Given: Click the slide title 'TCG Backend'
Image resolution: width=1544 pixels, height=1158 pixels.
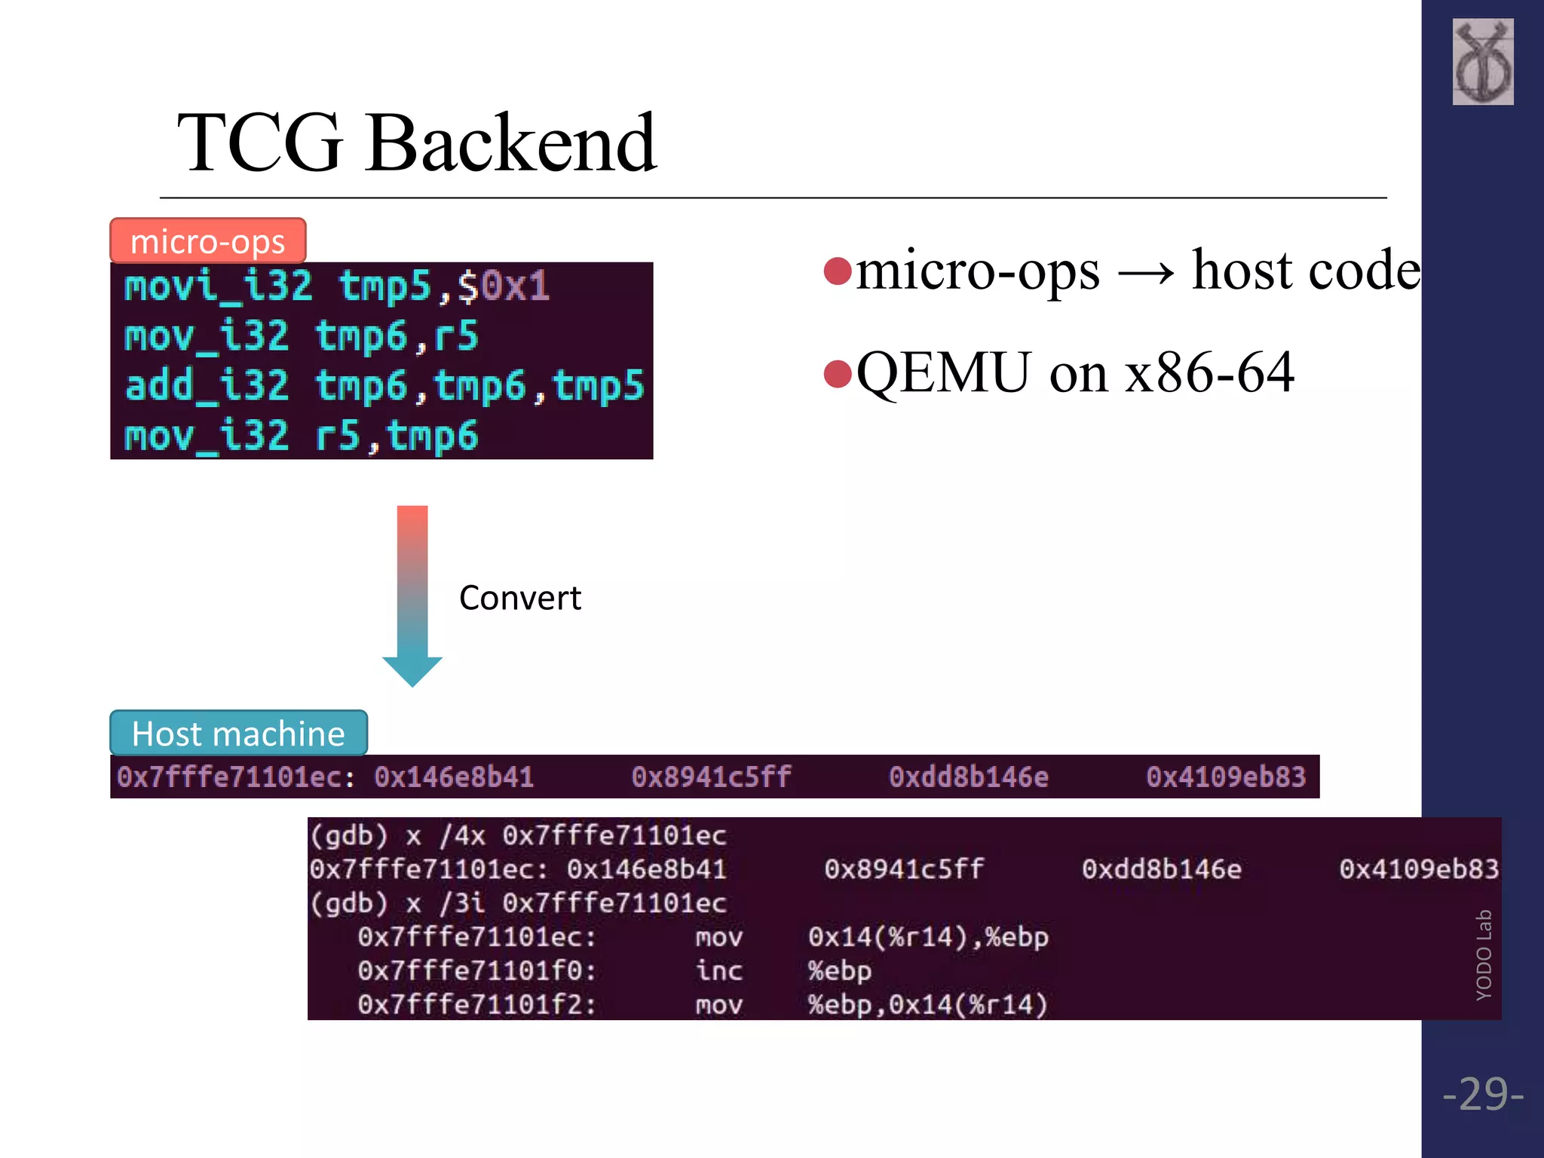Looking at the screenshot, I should pos(416,142).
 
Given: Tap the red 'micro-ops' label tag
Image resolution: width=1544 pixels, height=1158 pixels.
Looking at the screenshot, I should pos(207,241).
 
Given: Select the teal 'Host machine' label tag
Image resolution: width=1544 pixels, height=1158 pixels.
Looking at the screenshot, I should pos(238,734).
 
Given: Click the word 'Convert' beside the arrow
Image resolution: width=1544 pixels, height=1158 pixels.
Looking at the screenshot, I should pos(519,598).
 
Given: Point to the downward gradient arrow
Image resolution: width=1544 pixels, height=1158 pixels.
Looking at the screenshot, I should pos(412,596).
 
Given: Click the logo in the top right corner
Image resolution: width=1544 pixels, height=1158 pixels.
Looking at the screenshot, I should pos(1482,62).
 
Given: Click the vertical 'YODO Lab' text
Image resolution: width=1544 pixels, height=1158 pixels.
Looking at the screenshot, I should pos(1484,954).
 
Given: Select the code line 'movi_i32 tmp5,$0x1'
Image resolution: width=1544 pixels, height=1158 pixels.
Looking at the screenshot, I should pos(337,286).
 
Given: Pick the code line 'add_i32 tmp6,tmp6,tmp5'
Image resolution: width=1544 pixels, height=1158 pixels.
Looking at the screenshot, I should pos(384,386).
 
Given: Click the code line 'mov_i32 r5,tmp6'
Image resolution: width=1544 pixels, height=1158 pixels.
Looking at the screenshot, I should pos(302,436).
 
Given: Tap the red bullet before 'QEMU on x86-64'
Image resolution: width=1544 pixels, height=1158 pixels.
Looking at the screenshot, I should pos(838,373).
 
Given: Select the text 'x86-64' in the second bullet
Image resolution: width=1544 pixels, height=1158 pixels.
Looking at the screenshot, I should pos(1209,372).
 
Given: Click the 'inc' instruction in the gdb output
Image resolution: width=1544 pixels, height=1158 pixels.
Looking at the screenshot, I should pos(718,970).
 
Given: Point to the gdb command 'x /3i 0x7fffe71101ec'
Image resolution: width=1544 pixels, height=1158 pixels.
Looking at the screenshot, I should pos(565,903).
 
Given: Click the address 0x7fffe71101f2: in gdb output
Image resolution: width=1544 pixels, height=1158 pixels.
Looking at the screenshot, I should pos(476,1004).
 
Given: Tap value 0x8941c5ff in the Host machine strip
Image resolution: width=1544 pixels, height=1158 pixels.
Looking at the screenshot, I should pos(711,777).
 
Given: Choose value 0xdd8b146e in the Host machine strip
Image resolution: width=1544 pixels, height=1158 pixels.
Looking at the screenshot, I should pos(968,777).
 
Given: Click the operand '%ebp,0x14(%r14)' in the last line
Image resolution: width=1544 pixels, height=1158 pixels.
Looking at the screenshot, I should pos(927,1004).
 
